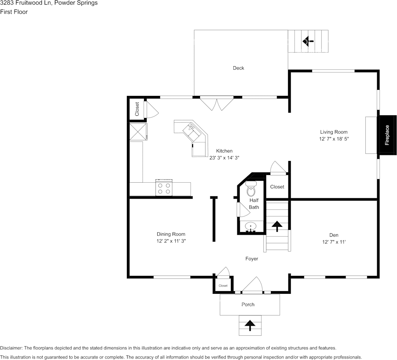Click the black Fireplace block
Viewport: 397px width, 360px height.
(387, 135)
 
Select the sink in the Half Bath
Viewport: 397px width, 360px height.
(251, 227)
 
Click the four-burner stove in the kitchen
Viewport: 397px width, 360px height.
(164, 188)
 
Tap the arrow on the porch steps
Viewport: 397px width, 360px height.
(250, 325)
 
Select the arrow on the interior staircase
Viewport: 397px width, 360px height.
(277, 226)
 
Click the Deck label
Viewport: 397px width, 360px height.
(239, 68)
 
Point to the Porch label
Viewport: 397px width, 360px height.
(248, 304)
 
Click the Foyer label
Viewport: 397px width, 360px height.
(251, 259)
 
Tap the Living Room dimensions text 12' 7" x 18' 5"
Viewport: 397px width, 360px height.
(334, 139)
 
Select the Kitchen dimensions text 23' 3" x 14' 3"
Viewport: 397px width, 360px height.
(224, 158)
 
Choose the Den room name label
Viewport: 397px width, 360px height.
(334, 235)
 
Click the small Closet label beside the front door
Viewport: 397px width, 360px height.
(223, 286)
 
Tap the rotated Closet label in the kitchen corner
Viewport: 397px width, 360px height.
(137, 109)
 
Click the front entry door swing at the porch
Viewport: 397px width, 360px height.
(252, 286)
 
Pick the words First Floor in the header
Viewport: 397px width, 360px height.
(14, 12)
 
